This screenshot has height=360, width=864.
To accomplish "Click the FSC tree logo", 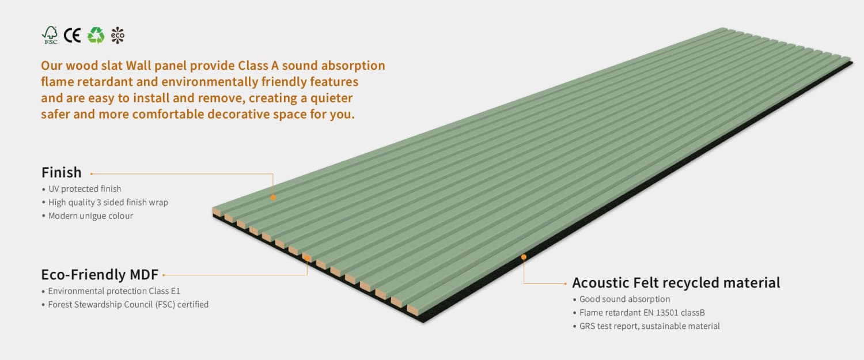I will point(50,35).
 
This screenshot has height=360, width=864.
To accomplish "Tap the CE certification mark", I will point(72,35).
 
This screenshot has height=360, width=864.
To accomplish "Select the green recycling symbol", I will point(96,35).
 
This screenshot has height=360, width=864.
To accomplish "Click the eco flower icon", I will point(118,35).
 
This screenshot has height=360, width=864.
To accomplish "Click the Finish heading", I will point(62,172).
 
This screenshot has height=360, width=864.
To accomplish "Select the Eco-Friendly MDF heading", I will point(99,274).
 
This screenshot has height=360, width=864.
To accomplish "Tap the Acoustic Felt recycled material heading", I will point(676,283).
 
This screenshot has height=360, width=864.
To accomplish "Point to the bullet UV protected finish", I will point(84,189).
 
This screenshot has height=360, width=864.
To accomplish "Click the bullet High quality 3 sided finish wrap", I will point(108,202).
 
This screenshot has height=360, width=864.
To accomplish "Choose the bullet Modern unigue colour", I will point(90,216).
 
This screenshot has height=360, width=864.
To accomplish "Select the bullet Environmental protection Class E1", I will point(113,291).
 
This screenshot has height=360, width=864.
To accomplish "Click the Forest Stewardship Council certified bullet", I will point(128,304).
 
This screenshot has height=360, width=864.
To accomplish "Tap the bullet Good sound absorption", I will point(624,299).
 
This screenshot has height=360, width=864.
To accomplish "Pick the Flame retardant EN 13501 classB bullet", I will point(642,313).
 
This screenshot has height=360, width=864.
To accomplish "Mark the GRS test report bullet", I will point(649,326).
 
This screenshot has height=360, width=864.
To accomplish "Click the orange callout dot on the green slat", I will point(273,198).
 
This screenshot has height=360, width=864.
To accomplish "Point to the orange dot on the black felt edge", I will point(524,257).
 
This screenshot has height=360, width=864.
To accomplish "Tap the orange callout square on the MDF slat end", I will point(307,258).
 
